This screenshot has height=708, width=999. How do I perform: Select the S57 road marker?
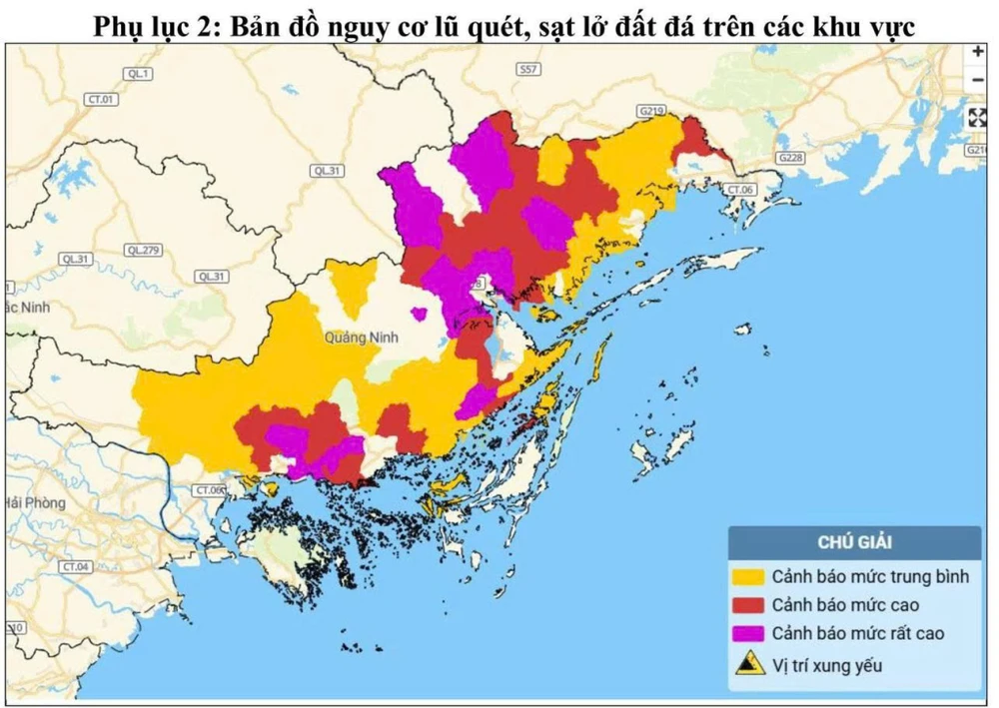pos(528,69)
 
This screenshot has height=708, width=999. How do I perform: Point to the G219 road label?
pos(651,110)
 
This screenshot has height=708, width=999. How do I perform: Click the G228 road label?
pos(790,158)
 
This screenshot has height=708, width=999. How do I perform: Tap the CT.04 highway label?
pos(75,566)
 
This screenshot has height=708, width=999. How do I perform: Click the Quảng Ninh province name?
pos(361,338)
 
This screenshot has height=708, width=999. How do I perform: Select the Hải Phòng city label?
pos(35,502)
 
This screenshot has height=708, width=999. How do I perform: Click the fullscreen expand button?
pos(977,117)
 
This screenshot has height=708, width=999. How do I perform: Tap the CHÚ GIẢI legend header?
pos(854,542)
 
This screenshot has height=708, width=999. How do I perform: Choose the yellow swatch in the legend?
pos(748,577)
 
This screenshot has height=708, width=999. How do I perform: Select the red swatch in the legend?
pos(748,605)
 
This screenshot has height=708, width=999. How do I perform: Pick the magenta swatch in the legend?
pos(748,633)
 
